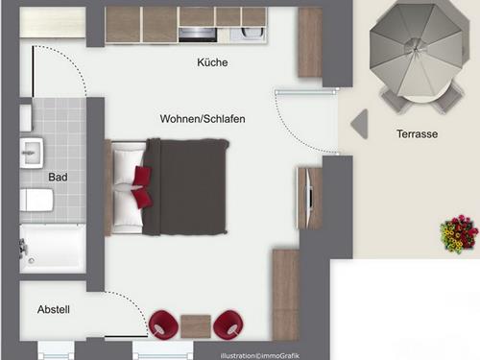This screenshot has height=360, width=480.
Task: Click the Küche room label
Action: (212, 62)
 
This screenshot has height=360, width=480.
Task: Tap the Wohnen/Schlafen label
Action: (203, 119)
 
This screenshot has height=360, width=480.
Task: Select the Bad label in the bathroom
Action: (58, 177)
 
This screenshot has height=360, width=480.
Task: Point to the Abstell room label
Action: (54, 309)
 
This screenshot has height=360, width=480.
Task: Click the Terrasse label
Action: (417, 133)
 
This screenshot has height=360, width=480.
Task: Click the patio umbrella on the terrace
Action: (416, 51)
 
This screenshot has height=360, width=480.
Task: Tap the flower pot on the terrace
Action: (459, 234)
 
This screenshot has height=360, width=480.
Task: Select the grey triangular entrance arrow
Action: (360, 124)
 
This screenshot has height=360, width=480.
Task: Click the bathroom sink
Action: (32, 153)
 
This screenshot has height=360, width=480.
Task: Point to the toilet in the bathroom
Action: (36, 200)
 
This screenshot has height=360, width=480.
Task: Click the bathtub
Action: (53, 249)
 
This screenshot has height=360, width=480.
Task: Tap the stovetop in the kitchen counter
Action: (198, 35)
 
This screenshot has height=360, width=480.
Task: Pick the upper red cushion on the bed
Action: (142, 176)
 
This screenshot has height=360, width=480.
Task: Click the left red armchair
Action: (163, 324)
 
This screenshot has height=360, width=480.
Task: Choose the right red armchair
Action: (228, 324)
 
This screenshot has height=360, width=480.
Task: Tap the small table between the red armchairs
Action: (196, 326)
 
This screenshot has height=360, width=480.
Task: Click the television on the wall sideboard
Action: (309, 198)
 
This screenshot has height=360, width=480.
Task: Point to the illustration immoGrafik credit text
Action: (260, 356)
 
